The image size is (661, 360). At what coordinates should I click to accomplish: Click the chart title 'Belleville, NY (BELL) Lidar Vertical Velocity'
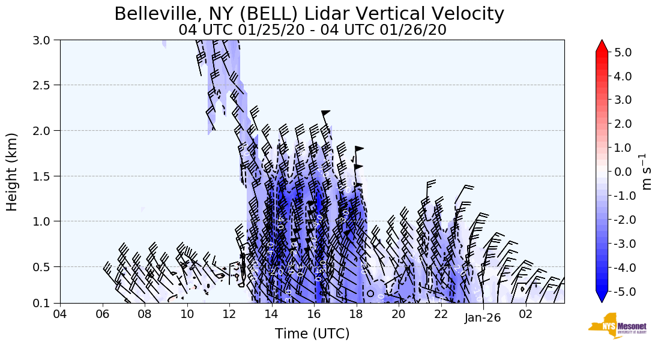[309, 14]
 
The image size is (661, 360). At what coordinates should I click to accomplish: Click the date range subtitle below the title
[312, 30]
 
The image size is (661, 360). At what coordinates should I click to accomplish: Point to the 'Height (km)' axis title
[12, 172]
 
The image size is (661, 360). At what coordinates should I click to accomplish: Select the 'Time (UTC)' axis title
[312, 334]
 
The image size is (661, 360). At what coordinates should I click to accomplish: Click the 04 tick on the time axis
[60, 314]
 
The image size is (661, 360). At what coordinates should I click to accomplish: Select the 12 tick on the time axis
[229, 314]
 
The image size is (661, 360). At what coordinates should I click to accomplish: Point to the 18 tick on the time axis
[357, 314]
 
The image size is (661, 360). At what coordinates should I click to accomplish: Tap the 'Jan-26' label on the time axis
[483, 319]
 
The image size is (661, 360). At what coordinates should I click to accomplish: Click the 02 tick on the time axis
[526, 314]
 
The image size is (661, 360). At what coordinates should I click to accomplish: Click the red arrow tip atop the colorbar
[602, 46]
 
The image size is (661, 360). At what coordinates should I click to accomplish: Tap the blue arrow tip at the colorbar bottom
[602, 297]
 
